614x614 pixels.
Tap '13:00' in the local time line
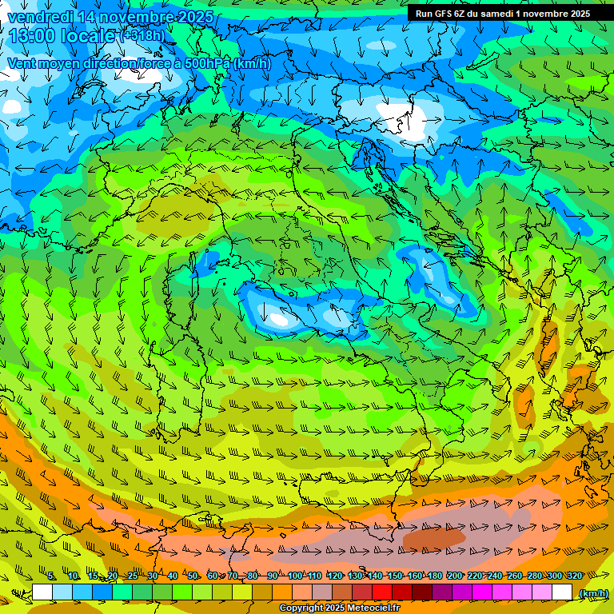[x=32, y=36]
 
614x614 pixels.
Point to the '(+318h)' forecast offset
[x=142, y=36]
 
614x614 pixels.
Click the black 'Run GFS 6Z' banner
[x=502, y=13]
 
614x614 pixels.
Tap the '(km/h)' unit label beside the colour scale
[x=592, y=592]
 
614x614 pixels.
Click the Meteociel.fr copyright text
[x=339, y=608]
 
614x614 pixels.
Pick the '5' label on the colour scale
[x=51, y=576]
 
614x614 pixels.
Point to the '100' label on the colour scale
[x=294, y=576]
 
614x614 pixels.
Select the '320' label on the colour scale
[x=575, y=576]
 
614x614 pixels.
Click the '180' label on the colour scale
[x=435, y=576]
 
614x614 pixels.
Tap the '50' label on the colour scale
[x=193, y=576]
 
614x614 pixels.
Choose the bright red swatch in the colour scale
[x=382, y=592]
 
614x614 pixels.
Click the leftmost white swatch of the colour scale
[x=42, y=592]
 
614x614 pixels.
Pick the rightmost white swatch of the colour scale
[x=562, y=592]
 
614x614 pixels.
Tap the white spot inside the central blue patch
[x=279, y=319]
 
